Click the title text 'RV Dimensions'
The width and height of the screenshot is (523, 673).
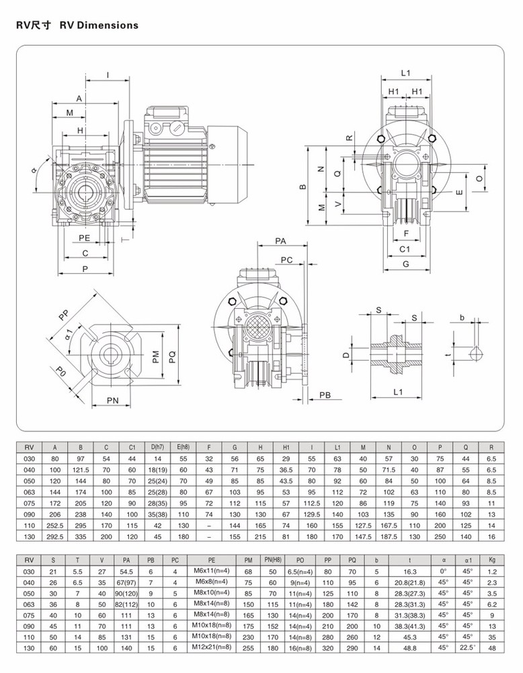[99, 26]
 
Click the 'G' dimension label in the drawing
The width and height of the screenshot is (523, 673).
[405, 264]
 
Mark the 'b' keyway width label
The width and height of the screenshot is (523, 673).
[462, 317]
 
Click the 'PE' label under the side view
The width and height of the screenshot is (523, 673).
[84, 238]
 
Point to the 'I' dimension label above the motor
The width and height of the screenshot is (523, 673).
[108, 76]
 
